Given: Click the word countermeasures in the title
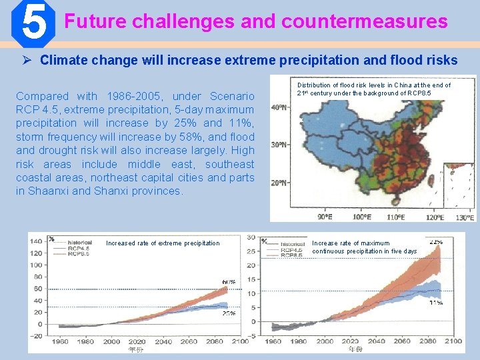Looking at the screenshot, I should (x=365, y=22).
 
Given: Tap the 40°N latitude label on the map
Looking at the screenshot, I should (x=279, y=107).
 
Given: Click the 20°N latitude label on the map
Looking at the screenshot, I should (x=279, y=183).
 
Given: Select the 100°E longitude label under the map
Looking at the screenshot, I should (x=362, y=217).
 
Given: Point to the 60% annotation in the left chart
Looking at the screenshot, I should (x=229, y=282).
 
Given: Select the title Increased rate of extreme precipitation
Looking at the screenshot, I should (x=163, y=243).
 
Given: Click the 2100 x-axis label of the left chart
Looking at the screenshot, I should (x=239, y=341).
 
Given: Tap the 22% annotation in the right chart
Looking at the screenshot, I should (x=436, y=241).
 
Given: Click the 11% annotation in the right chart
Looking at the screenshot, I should (x=436, y=302).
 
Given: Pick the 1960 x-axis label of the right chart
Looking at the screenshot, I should (x=273, y=341).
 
